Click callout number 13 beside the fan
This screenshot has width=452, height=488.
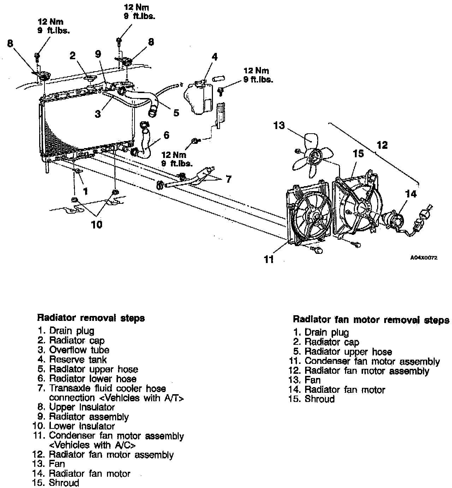tap(279, 125)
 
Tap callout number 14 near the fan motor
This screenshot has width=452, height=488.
tap(411, 194)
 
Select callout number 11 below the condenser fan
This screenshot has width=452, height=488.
tap(269, 260)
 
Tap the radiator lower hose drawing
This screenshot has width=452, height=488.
tap(146, 143)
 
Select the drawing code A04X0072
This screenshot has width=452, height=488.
tap(424, 258)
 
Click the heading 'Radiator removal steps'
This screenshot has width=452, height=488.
tap(91, 318)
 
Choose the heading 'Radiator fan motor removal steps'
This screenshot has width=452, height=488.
tap(371, 320)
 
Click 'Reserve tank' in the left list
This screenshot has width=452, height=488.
tap(78, 360)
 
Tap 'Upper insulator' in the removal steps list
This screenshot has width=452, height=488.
tap(82, 407)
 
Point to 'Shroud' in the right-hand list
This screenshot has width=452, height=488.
tap(319, 399)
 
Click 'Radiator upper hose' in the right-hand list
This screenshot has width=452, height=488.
tap(348, 352)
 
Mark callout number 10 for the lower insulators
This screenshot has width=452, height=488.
tap(96, 224)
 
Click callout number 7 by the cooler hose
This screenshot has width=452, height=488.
tap(228, 179)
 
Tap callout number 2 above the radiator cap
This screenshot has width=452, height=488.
tap(72, 56)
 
